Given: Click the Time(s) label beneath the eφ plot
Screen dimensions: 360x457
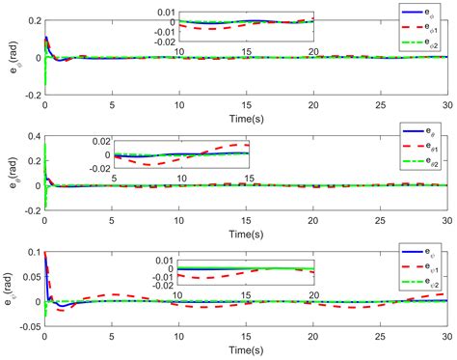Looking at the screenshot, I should [x=245, y=116].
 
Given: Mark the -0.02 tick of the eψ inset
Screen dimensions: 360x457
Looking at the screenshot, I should [x=152, y=286].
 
